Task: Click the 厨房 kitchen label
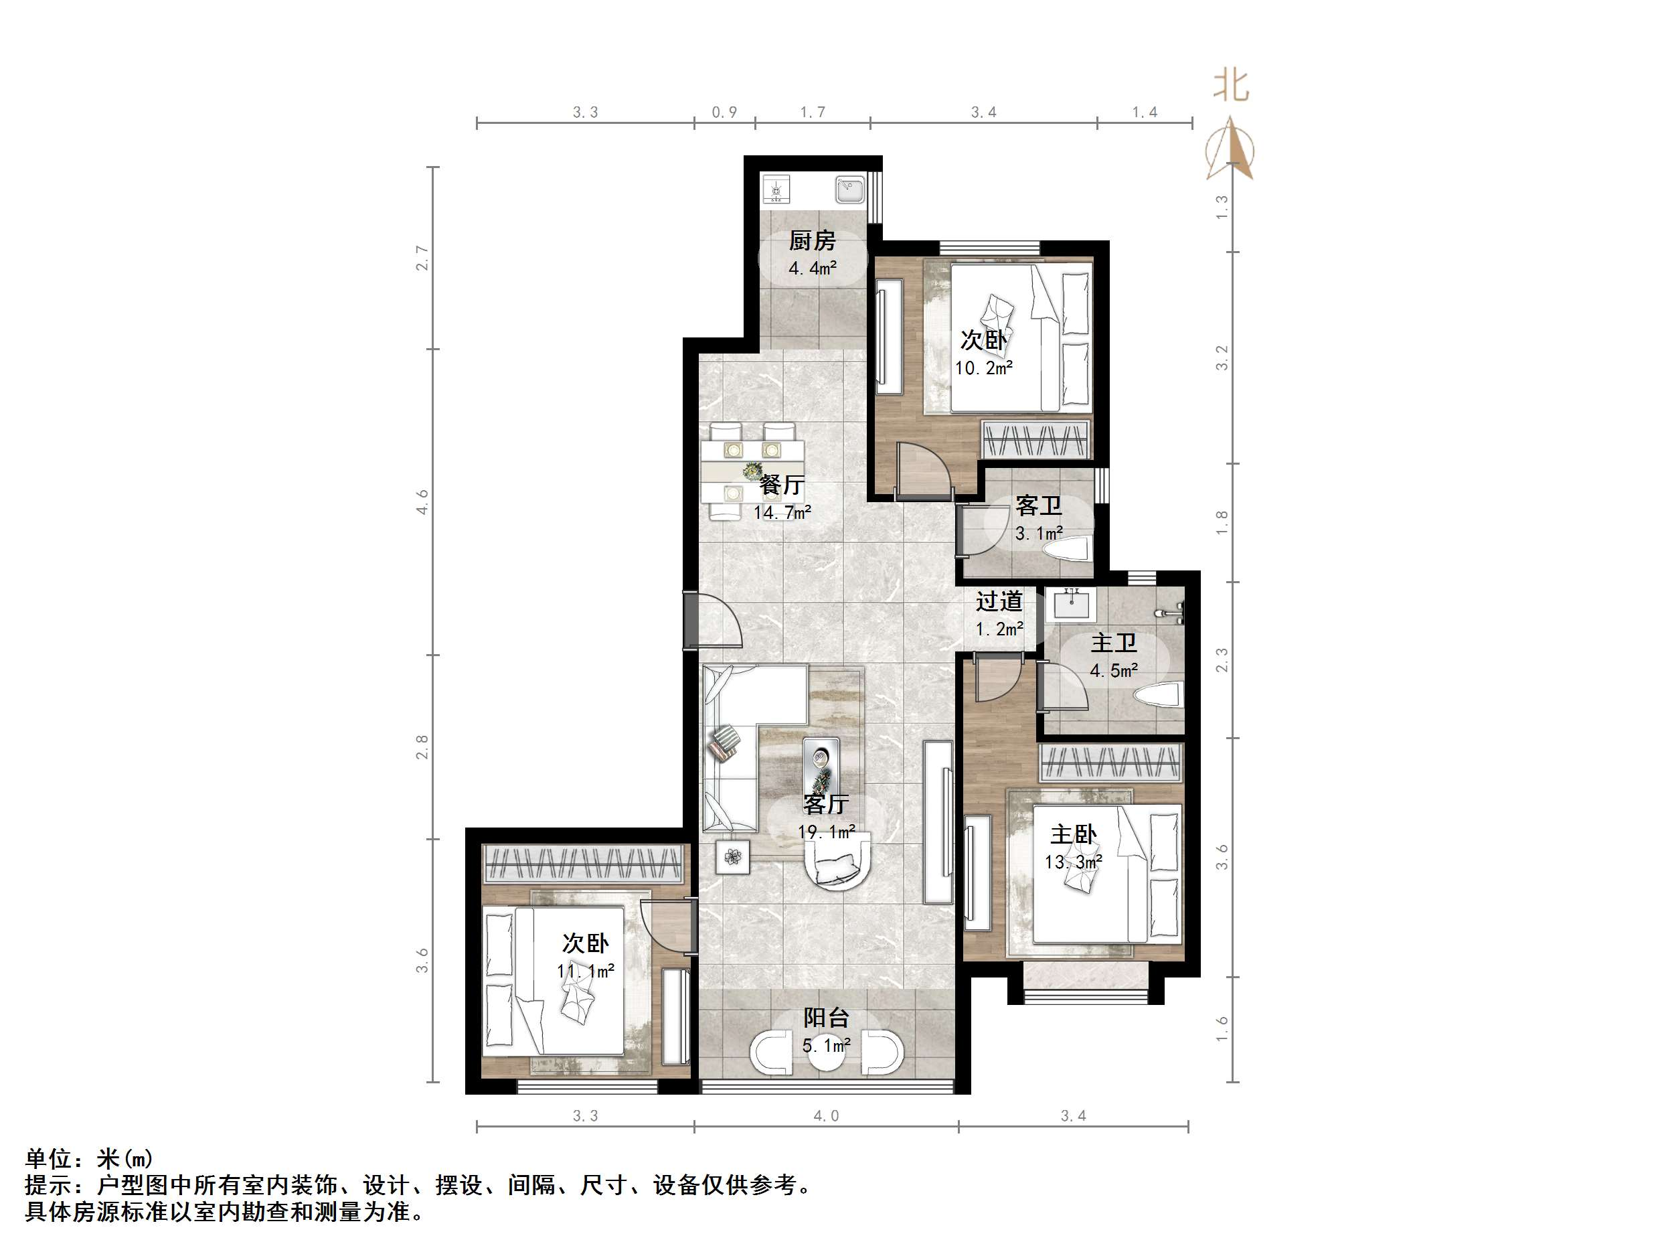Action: [812, 241]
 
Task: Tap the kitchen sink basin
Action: [849, 189]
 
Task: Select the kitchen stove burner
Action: [776, 189]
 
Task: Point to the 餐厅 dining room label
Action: [782, 485]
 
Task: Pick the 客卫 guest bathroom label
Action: [1039, 505]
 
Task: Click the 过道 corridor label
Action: [999, 601]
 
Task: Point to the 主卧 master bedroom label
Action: [1073, 834]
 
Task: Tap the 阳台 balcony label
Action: [826, 1018]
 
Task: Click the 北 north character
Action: [1231, 85]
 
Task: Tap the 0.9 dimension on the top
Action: [724, 112]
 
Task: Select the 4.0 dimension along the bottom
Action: [825, 1116]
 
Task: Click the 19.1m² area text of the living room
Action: [826, 832]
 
